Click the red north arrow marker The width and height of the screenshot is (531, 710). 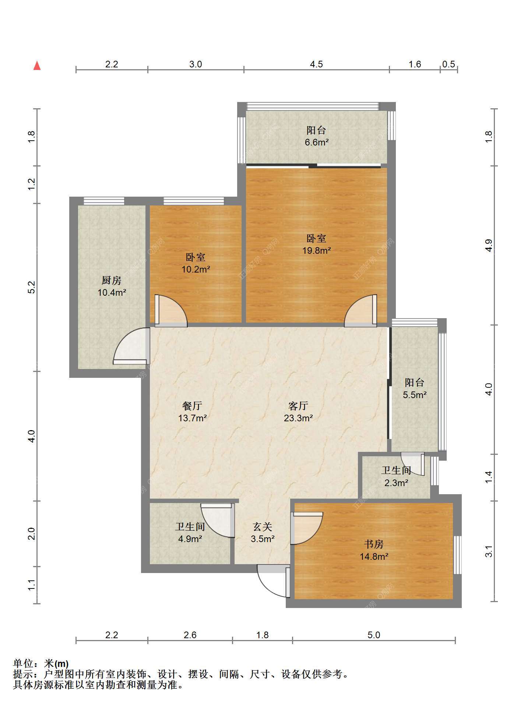37,66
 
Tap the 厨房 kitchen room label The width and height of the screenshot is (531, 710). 112,281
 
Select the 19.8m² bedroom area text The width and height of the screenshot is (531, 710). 316,251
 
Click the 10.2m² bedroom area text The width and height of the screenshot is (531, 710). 196,270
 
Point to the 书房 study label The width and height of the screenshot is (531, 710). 374,544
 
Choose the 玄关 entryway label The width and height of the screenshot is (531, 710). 263,527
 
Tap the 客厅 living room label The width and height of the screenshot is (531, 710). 298,406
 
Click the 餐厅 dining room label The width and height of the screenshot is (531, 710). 192,406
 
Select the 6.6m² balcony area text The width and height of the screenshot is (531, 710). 316,143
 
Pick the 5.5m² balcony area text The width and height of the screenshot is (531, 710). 415,395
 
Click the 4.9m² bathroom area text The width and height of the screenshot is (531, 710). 190,539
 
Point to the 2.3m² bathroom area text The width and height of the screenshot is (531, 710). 396,483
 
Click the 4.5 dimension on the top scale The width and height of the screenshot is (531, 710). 316,64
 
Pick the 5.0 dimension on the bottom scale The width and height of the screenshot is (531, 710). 374,635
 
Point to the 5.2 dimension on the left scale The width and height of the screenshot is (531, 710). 32,287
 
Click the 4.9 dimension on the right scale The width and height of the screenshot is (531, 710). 489,245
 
